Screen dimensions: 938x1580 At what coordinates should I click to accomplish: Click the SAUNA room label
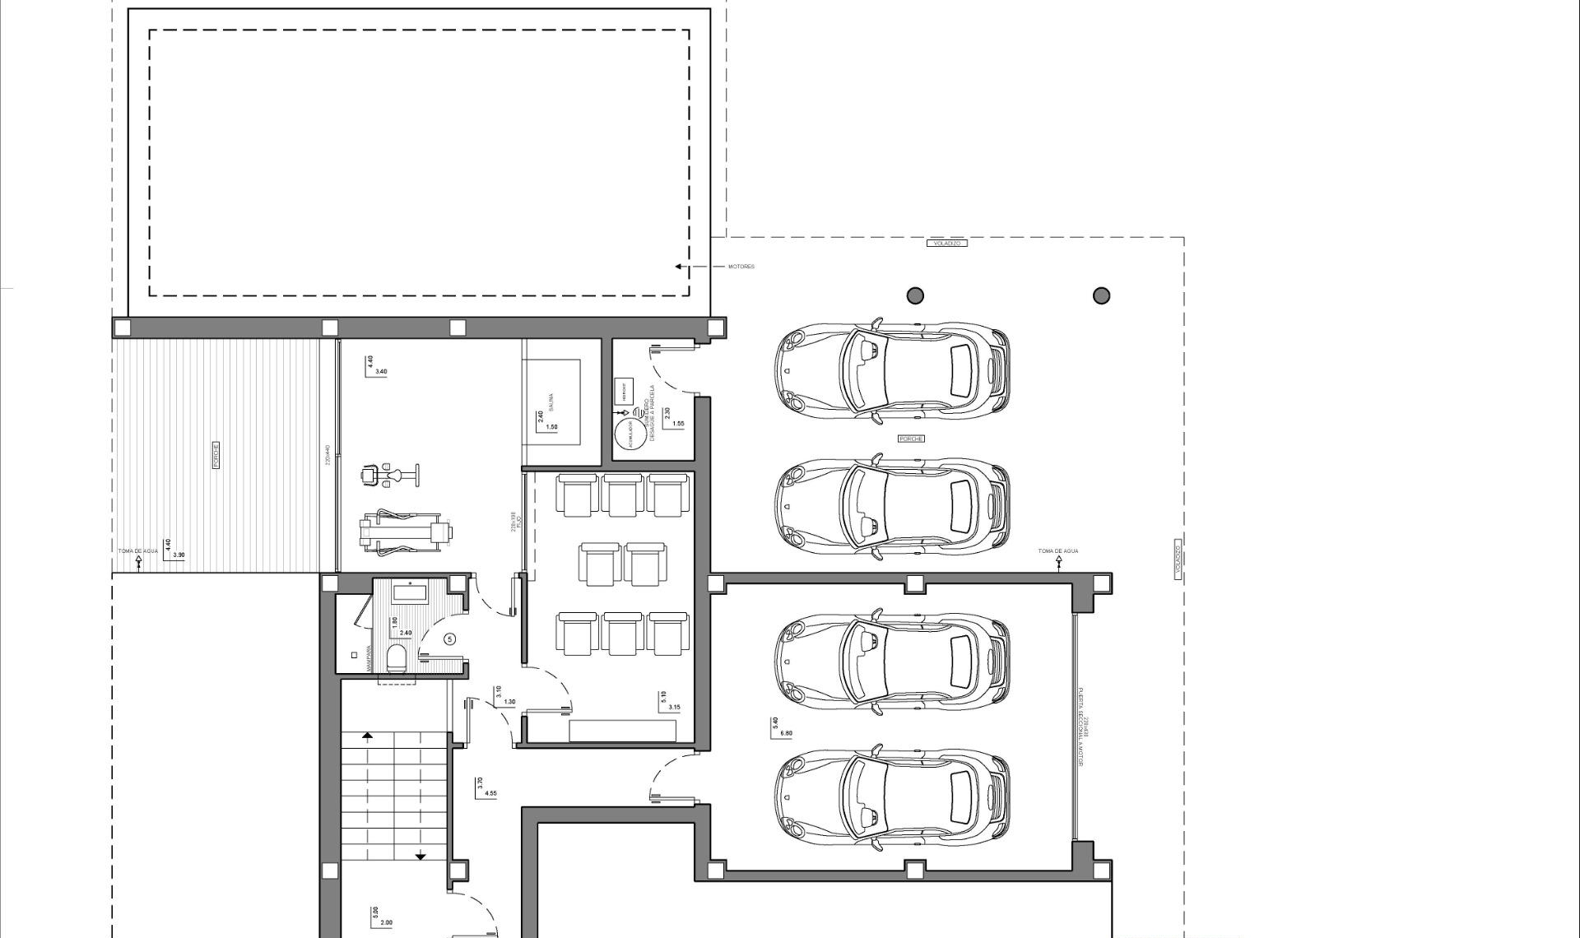(x=551, y=402)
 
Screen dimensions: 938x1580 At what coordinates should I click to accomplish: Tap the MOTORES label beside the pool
(x=741, y=267)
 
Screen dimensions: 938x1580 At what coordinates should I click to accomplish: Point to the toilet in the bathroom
(x=397, y=658)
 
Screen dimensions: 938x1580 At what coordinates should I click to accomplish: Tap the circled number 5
(x=449, y=639)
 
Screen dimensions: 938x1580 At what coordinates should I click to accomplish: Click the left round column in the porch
(x=915, y=295)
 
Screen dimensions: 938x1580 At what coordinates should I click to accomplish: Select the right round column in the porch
(x=1101, y=295)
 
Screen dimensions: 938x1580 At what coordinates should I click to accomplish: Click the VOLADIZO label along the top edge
(x=947, y=244)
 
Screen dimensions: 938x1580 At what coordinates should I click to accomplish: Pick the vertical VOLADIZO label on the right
(x=1178, y=558)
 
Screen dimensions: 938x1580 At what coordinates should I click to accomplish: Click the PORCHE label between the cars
(x=911, y=439)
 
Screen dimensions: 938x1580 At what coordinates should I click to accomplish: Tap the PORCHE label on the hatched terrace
(x=216, y=455)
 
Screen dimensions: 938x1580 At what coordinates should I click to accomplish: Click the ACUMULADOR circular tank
(x=630, y=433)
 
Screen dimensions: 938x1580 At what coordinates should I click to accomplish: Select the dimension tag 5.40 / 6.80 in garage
(x=782, y=728)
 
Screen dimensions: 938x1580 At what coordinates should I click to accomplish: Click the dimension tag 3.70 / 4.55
(x=486, y=788)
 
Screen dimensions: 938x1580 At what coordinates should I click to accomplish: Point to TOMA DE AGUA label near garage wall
(x=1057, y=551)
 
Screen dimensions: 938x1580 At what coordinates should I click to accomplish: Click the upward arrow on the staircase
(x=367, y=736)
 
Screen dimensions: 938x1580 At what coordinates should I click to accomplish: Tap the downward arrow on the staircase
(x=421, y=857)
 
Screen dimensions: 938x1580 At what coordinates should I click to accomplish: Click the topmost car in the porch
(x=892, y=369)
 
